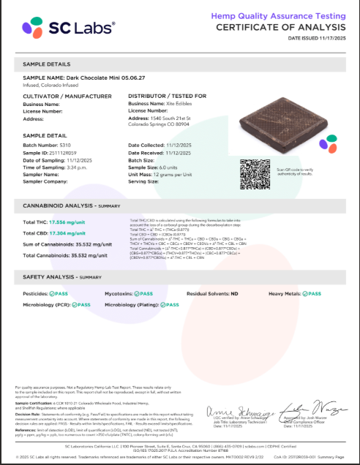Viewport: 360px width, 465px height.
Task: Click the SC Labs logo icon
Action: (34, 28)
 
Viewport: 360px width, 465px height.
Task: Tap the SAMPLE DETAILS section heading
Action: (47, 64)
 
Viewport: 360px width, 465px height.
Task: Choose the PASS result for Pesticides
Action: (60, 293)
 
